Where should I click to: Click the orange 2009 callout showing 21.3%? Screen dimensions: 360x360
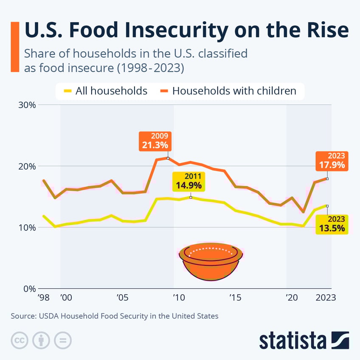pos(155,141)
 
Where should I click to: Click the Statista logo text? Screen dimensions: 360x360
pos(292,340)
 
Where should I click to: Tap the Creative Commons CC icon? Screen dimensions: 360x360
pos(18,340)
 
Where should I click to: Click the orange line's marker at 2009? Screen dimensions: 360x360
pos(168,158)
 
